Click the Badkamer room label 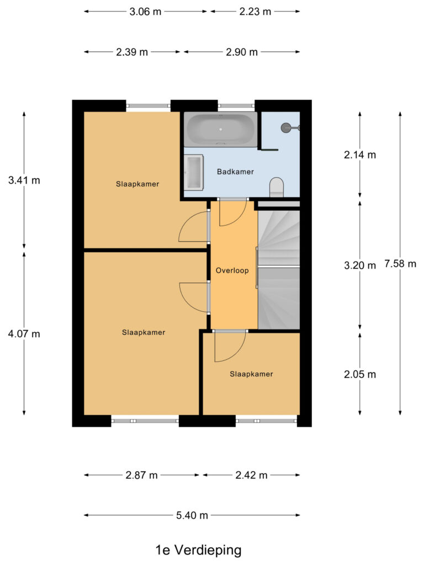coord(235,172)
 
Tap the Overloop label coord(232,271)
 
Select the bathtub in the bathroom coord(221,130)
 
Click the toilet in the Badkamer coord(276,187)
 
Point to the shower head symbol coord(286,128)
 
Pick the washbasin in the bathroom coord(194,173)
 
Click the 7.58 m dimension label coord(400,264)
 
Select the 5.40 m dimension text coord(192,516)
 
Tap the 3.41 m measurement coord(24,180)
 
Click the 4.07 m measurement coord(24,334)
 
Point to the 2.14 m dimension coord(360,155)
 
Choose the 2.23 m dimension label coord(255,12)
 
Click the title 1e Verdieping coord(199,550)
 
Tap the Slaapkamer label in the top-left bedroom coord(137,184)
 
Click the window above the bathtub coord(236,106)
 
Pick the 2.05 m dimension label coord(360,375)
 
